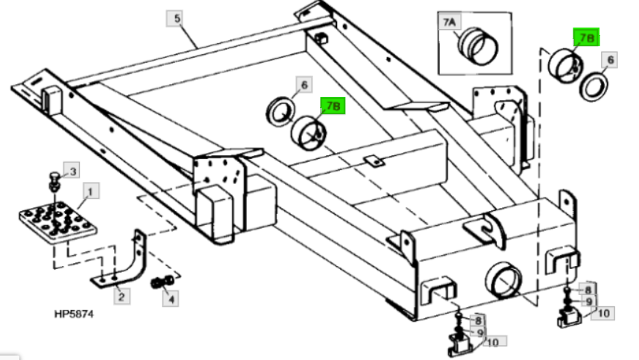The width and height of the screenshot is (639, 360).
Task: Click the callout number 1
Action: point(89,192)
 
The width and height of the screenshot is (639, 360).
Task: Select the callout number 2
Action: point(119,296)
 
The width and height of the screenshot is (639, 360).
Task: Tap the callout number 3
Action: point(72,171)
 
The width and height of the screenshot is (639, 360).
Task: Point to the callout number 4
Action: point(172,300)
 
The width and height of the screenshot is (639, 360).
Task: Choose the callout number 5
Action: point(177,19)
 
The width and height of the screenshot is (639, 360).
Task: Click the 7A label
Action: point(450,23)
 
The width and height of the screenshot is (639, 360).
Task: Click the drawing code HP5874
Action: point(73,314)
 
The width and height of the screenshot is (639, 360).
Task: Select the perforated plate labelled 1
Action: point(54,220)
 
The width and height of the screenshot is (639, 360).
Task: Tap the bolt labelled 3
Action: point(53,180)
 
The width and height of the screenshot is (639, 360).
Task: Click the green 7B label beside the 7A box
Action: point(585,37)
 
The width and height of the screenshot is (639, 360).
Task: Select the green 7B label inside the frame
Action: point(333,107)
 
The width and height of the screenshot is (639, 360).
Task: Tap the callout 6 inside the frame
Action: point(303,85)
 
